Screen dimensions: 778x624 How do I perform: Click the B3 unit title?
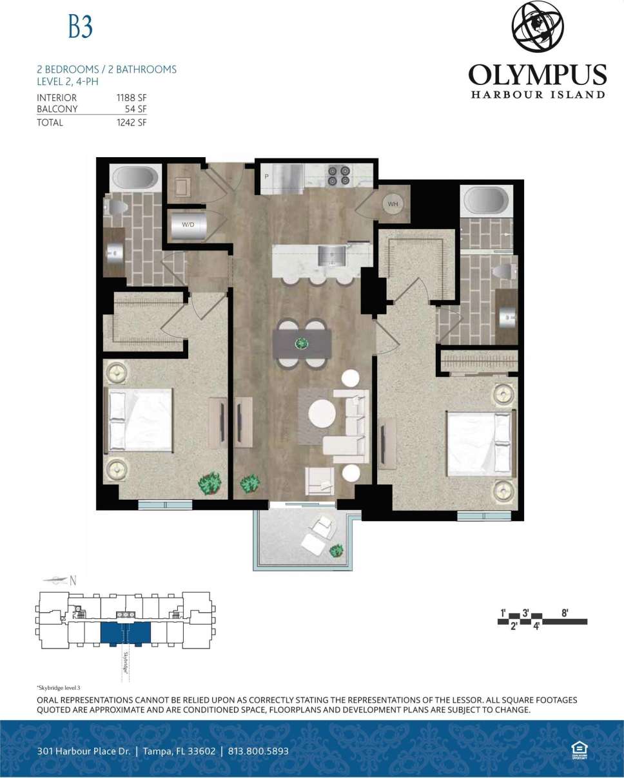click(x=81, y=26)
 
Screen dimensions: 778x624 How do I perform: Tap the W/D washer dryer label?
click(x=188, y=225)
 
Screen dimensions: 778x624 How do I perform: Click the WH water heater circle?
click(x=393, y=204)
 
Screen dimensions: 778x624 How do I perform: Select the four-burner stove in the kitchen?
click(x=339, y=176)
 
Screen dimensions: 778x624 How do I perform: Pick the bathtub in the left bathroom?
click(x=135, y=178)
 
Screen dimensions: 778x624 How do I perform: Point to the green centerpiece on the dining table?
click(x=301, y=343)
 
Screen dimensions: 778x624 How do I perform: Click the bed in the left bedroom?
click(x=141, y=421)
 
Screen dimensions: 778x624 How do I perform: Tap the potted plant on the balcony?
click(x=336, y=550)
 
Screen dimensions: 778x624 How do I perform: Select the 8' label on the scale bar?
click(x=565, y=612)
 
